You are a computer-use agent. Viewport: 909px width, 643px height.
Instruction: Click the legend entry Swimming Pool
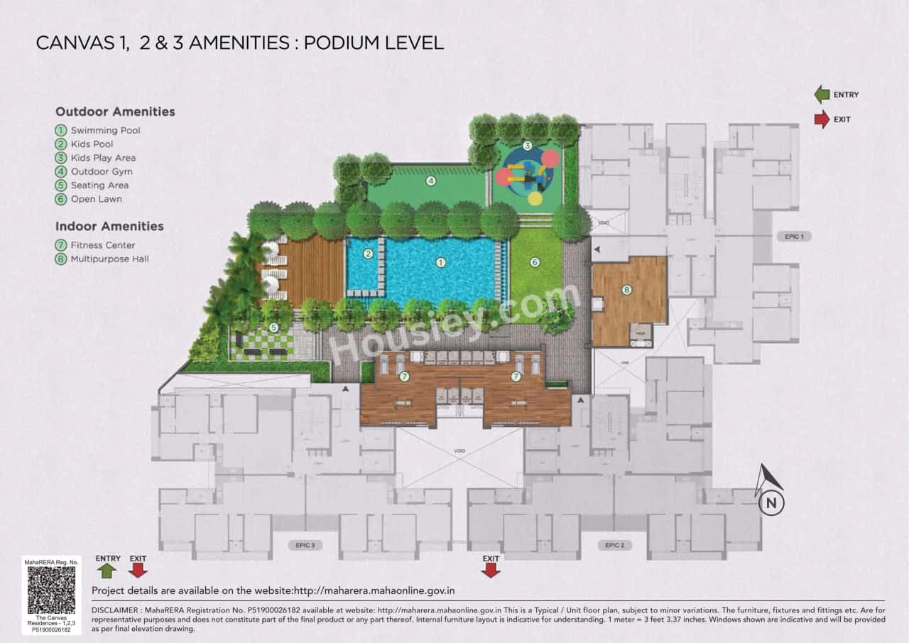point(105,131)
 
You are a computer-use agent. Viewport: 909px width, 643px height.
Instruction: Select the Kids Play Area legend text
point(103,158)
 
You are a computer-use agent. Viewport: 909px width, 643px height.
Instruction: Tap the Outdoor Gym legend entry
point(102,171)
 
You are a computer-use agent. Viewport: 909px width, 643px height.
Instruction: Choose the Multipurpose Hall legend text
point(109,259)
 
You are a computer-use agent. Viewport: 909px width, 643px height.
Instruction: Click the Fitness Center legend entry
point(103,246)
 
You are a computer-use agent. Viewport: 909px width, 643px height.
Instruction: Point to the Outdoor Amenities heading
point(115,112)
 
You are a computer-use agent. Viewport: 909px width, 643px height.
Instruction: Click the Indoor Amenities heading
point(109,227)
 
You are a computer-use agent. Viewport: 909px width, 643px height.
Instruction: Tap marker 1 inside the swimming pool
point(440,262)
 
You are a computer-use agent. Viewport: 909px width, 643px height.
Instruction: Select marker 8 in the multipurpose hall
point(626,289)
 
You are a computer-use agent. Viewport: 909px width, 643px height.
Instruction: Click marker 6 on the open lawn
point(535,262)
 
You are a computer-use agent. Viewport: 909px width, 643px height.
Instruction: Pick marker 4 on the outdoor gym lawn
point(430,180)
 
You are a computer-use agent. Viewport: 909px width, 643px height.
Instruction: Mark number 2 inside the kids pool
point(368,254)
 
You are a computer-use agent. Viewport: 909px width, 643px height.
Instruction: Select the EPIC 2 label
point(615,545)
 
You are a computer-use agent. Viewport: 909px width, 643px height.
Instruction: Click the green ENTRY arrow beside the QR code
point(107,570)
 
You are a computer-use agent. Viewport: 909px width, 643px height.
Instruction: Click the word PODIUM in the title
point(344,43)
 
